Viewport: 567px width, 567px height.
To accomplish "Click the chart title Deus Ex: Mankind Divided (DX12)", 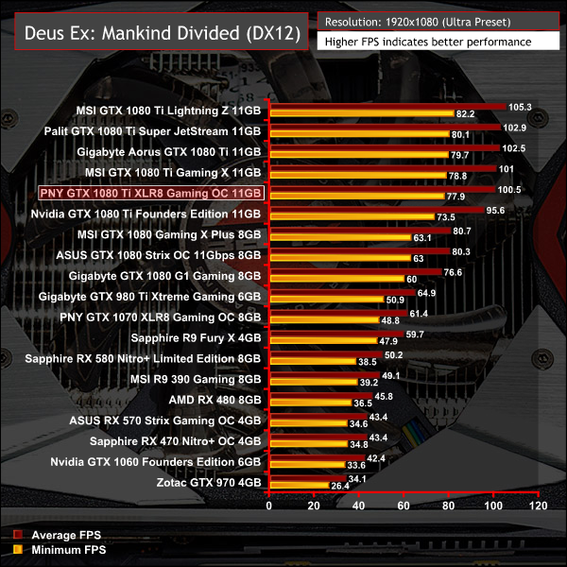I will (152, 33).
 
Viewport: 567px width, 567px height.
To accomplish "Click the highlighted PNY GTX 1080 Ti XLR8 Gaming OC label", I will (150, 192).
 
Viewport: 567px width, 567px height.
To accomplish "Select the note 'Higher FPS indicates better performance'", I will (426, 42).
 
